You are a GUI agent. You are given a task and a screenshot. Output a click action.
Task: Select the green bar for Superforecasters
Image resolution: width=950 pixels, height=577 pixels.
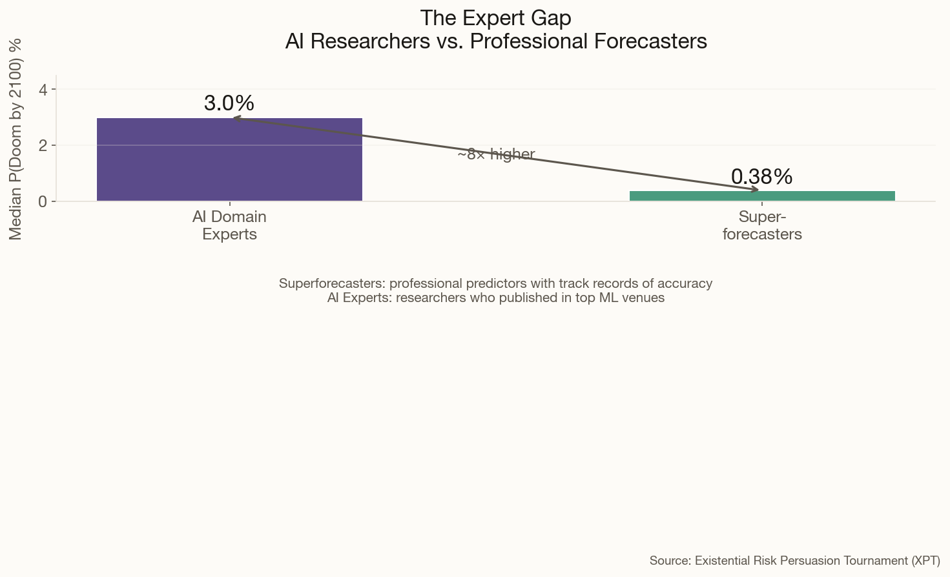[762, 196]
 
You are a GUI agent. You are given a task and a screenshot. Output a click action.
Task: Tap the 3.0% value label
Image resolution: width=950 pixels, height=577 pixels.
[229, 103]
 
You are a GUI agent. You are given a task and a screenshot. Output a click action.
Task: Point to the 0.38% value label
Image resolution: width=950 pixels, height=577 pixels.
[762, 177]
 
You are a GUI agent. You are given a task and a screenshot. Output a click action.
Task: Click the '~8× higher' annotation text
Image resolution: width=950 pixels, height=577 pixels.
[496, 154]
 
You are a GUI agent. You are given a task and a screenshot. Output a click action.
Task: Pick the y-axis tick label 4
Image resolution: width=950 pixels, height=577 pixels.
[43, 89]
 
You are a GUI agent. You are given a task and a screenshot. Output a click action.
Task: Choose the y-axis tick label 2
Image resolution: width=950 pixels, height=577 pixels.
[43, 145]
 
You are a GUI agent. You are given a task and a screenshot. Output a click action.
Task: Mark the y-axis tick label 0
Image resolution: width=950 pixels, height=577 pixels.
[43, 201]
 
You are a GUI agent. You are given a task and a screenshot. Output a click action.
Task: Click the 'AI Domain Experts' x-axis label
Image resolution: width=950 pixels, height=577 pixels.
[229, 225]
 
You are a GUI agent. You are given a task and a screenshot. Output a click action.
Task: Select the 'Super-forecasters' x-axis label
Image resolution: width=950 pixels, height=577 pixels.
[762, 225]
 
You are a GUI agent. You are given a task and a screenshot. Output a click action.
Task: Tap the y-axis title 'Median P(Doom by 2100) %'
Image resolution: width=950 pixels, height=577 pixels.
[15, 139]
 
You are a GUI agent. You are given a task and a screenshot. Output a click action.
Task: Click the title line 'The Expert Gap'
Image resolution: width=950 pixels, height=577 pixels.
[495, 18]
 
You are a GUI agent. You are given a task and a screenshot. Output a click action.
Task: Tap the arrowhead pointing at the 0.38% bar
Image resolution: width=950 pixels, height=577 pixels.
[755, 190]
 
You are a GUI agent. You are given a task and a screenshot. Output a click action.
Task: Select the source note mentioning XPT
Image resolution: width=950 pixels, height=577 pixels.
[794, 560]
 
